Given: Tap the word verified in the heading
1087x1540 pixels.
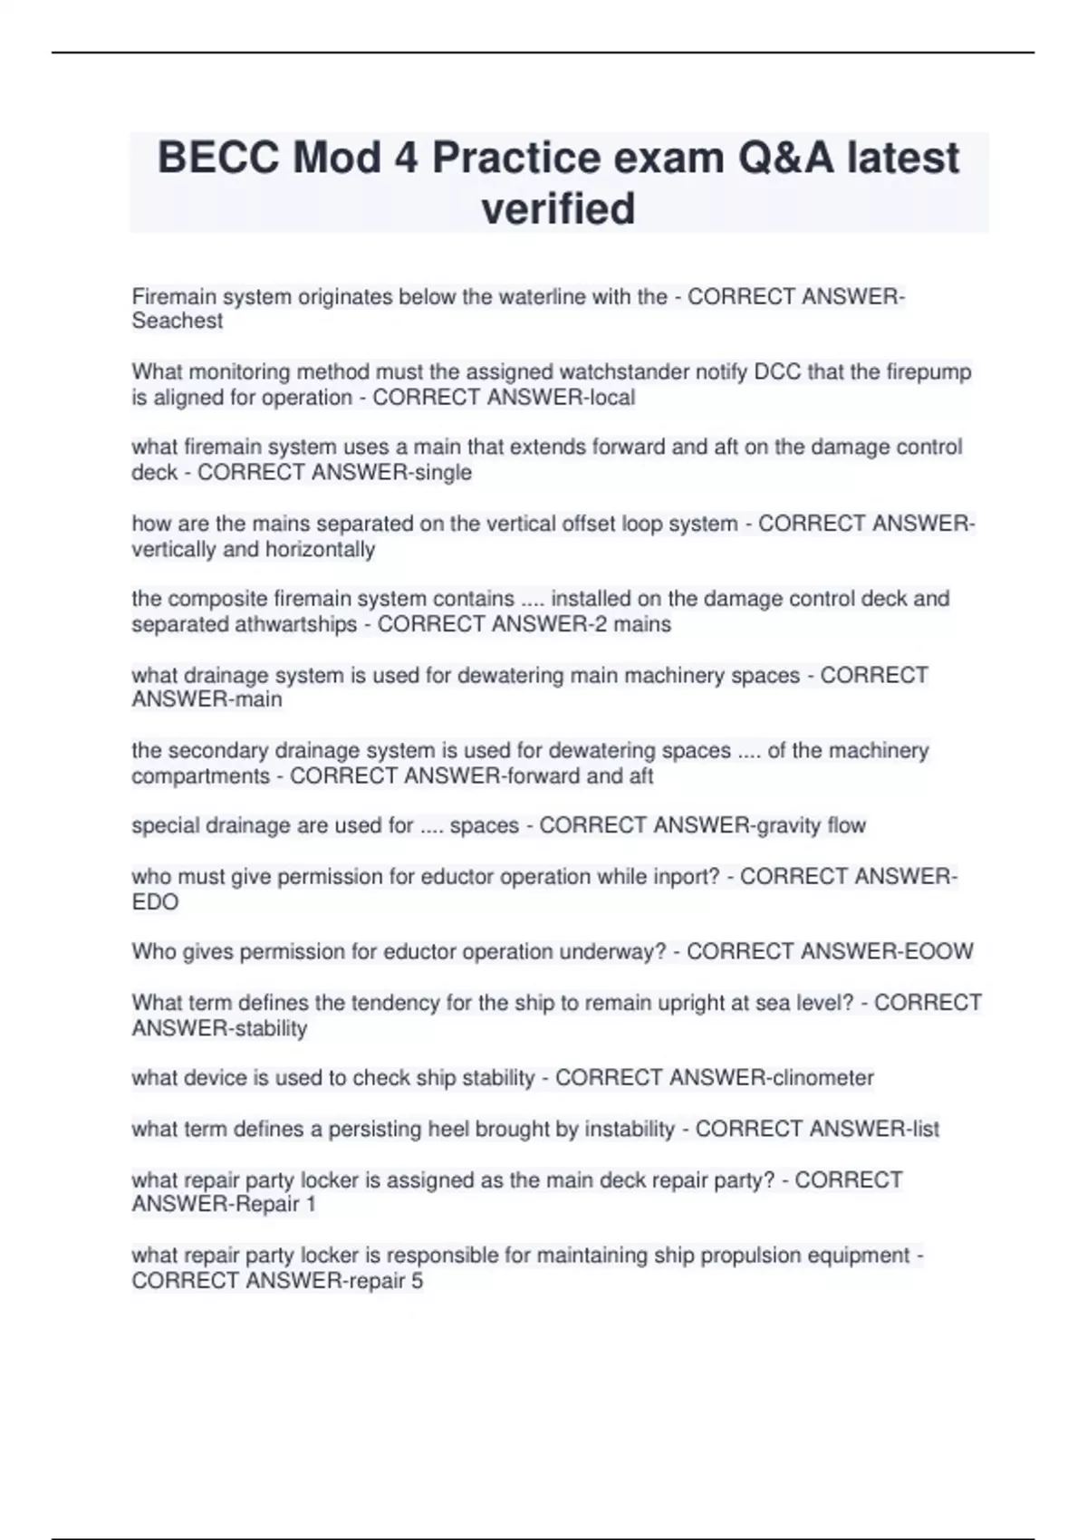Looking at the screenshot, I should point(558,209).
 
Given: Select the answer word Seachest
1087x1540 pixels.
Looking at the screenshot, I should point(178,321).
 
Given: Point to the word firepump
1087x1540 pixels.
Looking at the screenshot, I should point(928,372).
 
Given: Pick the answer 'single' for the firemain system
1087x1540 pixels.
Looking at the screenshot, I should point(443,473).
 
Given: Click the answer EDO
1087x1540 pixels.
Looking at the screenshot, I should point(155,902).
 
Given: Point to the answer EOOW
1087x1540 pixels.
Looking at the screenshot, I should point(937,952).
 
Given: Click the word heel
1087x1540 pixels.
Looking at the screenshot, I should point(448,1130).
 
